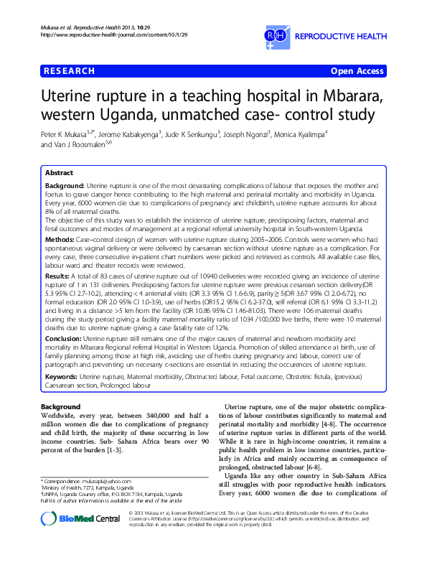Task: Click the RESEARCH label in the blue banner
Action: tap(70, 71)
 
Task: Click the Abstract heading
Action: tap(59, 174)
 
